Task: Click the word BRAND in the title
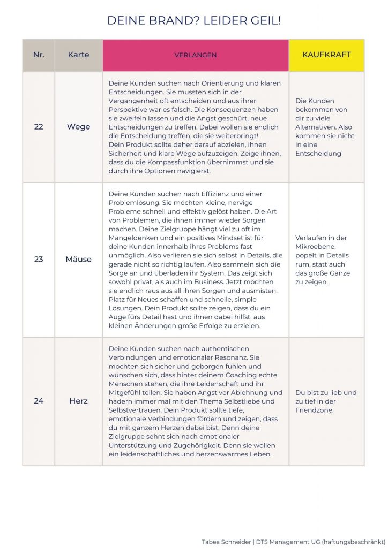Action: pos(154,21)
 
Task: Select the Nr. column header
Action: pos(39,55)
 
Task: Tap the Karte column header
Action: pos(78,55)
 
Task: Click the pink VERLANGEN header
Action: pos(195,55)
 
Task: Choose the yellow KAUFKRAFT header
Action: pos(326,55)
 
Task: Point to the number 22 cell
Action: pos(39,127)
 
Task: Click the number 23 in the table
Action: pos(39,259)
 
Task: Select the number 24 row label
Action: pos(39,401)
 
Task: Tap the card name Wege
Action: pos(78,127)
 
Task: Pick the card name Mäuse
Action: pos(78,259)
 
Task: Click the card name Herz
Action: pos(78,401)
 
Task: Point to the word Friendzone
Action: pos(318,410)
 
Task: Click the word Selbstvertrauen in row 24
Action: pos(137,410)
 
